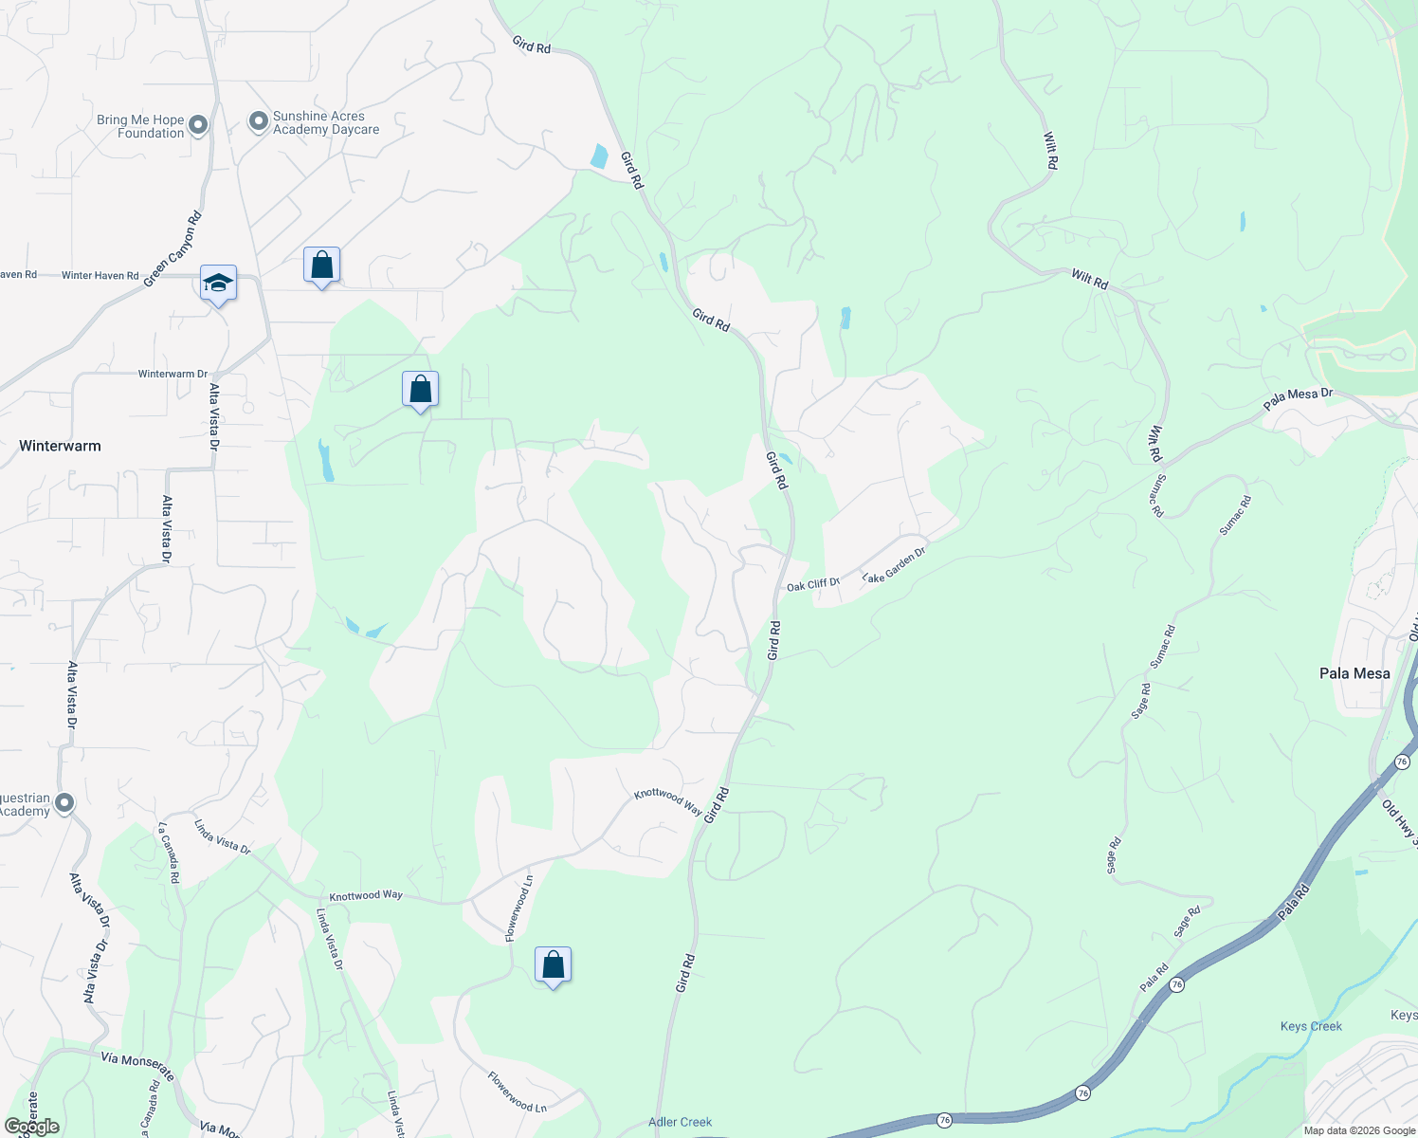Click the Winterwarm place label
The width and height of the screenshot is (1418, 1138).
click(x=60, y=446)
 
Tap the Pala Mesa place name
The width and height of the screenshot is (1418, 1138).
click(x=1354, y=673)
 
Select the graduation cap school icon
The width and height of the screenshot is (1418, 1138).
click(x=218, y=284)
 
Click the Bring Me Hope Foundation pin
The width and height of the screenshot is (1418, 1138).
click(x=198, y=125)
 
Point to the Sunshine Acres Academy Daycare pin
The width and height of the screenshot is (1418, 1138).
click(x=258, y=121)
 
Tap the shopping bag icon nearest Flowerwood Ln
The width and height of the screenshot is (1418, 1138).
click(x=553, y=964)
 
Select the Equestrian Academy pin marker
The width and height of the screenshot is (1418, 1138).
click(x=64, y=803)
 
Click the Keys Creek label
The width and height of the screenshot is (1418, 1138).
click(x=1311, y=1026)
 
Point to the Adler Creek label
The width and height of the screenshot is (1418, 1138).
click(x=680, y=1122)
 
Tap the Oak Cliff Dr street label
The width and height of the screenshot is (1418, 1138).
click(x=813, y=585)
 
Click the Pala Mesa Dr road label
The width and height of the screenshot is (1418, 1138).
click(x=1298, y=399)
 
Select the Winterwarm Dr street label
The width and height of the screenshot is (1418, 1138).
click(x=173, y=374)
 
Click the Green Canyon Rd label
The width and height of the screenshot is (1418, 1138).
click(x=173, y=249)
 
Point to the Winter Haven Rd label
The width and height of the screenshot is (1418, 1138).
click(x=100, y=276)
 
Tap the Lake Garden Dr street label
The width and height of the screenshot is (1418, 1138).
click(x=894, y=564)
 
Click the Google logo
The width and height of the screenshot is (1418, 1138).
click(x=31, y=1127)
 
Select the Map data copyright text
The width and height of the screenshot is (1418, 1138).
click(x=1359, y=1130)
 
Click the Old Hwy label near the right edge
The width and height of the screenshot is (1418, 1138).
click(x=1400, y=821)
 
